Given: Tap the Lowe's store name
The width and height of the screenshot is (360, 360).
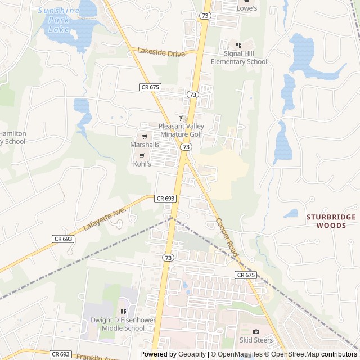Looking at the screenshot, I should pyautogui.click(x=246, y=8).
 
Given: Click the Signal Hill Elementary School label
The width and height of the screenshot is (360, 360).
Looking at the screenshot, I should pyautogui.click(x=238, y=57).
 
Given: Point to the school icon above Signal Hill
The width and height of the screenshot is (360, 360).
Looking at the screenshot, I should pyautogui.click(x=238, y=45).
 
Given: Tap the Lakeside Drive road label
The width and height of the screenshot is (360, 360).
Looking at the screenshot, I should pyautogui.click(x=161, y=53).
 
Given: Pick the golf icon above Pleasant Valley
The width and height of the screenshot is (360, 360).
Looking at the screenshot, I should pyautogui.click(x=181, y=118).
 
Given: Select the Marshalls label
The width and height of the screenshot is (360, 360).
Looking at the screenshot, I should pyautogui.click(x=145, y=145).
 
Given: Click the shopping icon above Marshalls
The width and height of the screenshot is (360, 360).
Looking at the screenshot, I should pyautogui.click(x=145, y=136).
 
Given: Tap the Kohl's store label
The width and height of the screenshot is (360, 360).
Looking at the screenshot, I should pyautogui.click(x=142, y=164).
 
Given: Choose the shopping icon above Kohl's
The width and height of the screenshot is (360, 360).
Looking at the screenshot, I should pyautogui.click(x=142, y=156).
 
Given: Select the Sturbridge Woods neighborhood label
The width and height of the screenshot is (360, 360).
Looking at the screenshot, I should pyautogui.click(x=331, y=221).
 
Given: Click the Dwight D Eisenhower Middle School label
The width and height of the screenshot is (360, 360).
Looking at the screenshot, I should pyautogui.click(x=118, y=325).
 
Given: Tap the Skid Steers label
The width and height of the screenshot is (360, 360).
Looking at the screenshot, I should pyautogui.click(x=256, y=340).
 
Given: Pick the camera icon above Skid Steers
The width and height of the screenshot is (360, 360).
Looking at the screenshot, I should pyautogui.click(x=256, y=332).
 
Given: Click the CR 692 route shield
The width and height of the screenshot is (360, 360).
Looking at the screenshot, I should pyautogui.click(x=61, y=354).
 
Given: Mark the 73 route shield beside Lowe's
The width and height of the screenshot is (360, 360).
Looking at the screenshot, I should pyautogui.click(x=205, y=16).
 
